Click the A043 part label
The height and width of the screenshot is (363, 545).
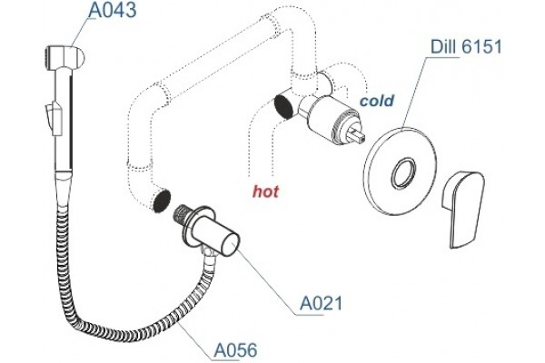coord(112,10)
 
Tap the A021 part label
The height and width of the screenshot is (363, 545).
coord(321,303)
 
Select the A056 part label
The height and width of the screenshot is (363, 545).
coord(236,349)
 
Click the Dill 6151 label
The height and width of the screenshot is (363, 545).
coord(467,46)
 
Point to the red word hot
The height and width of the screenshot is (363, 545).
coord(265,191)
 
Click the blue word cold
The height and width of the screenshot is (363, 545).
coord(377,101)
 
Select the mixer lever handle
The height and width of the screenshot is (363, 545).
coord(462,209)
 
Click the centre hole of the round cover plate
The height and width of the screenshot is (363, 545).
coord(403,172)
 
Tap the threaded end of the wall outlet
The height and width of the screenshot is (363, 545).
coord(181,214)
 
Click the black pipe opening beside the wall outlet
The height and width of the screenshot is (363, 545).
coord(162,201)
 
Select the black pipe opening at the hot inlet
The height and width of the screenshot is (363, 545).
coord(284,106)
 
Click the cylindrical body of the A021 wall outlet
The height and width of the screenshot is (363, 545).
coord(215,239)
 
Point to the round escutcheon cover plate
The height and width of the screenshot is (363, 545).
coord(399,172)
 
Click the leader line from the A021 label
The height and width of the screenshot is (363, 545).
coord(263,279)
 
